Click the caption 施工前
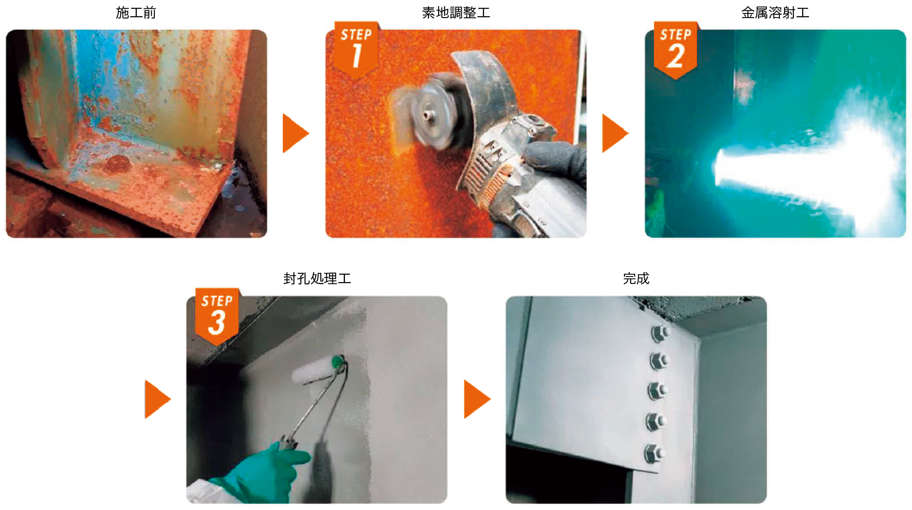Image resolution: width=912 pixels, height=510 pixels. [136, 13]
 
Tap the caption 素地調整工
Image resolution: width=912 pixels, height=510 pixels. [456, 13]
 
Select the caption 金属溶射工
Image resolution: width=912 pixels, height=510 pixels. [775, 13]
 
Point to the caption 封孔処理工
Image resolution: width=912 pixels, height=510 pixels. [317, 278]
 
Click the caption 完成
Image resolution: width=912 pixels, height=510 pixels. [636, 278]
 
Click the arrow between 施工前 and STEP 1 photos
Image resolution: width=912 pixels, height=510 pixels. [295, 133]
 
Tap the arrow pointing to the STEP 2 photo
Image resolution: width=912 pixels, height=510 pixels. [614, 133]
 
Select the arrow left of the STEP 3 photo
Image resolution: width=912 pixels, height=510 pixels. [157, 399]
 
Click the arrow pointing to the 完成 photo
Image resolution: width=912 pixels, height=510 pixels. [477, 399]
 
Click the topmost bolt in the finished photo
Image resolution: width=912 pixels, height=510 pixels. [659, 333]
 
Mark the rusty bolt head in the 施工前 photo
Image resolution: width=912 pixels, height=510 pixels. [118, 164]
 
